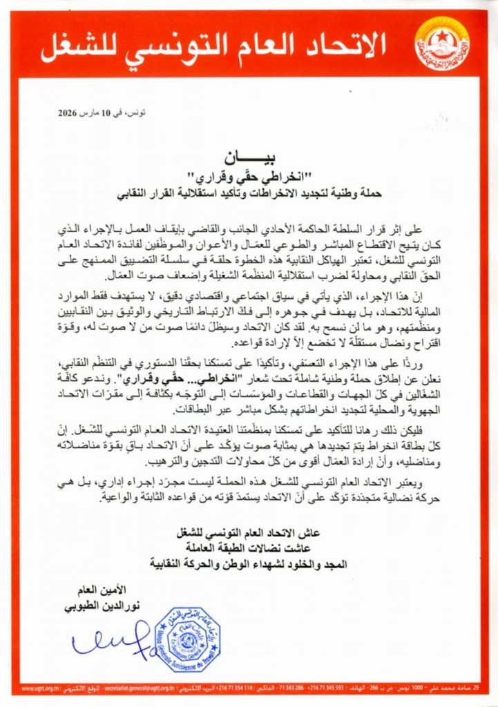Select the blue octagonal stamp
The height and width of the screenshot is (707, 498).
(186, 640)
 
